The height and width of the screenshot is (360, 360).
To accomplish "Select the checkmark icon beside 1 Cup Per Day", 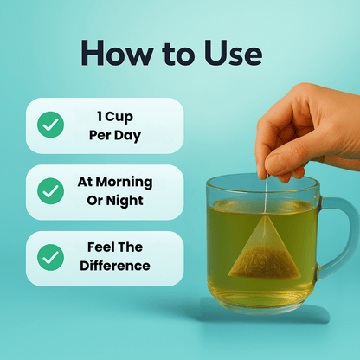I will [x=50, y=125].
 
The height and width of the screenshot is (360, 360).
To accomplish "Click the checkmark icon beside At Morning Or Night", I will [x=50, y=191].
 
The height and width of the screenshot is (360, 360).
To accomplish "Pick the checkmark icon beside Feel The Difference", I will [x=50, y=257].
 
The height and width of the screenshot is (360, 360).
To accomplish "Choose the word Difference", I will [x=114, y=267].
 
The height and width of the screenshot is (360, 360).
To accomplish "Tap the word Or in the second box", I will [x=96, y=201].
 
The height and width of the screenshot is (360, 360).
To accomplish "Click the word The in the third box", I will [x=132, y=247].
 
